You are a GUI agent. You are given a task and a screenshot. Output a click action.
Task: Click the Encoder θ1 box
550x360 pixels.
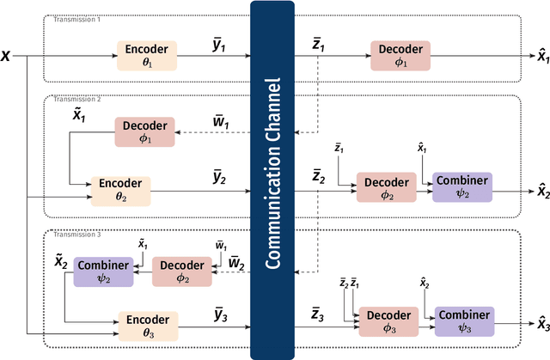click(148, 56)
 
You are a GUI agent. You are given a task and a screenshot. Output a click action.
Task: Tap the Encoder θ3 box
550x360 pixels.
click(147, 326)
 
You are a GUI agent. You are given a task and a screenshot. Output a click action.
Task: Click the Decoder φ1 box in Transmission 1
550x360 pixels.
click(400, 56)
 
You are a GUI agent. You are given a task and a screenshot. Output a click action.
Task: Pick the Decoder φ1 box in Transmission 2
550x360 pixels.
click(144, 131)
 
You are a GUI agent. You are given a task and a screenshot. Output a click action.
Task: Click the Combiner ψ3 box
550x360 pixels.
click(464, 320)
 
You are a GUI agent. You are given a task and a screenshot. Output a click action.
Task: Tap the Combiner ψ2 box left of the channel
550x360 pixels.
click(102, 272)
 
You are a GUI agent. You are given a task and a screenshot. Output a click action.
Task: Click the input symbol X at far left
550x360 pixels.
click(7, 56)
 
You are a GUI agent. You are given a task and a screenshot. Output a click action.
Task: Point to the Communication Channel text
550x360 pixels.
click(272, 179)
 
